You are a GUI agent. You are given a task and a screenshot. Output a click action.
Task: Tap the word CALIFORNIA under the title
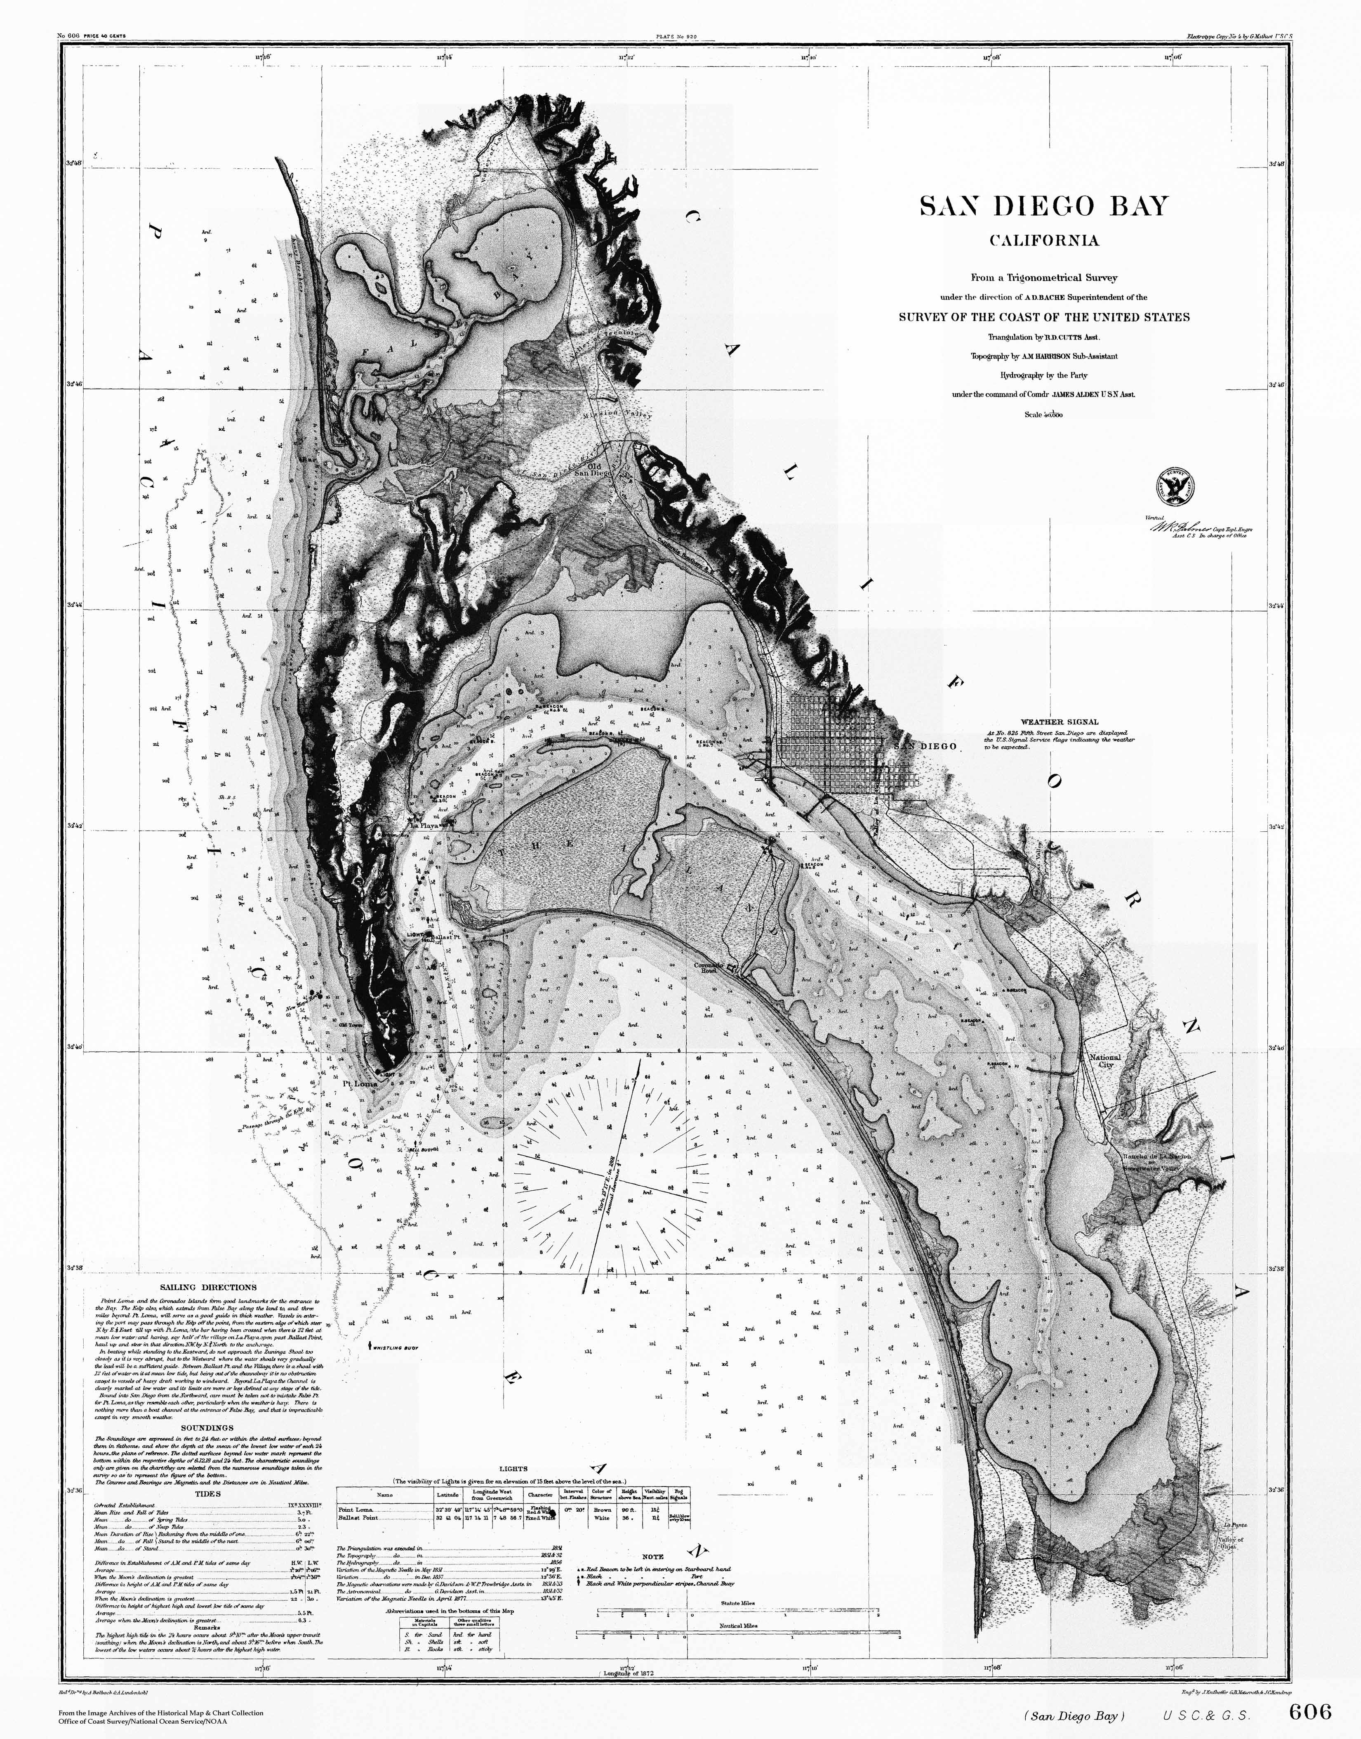pos(1044,241)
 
